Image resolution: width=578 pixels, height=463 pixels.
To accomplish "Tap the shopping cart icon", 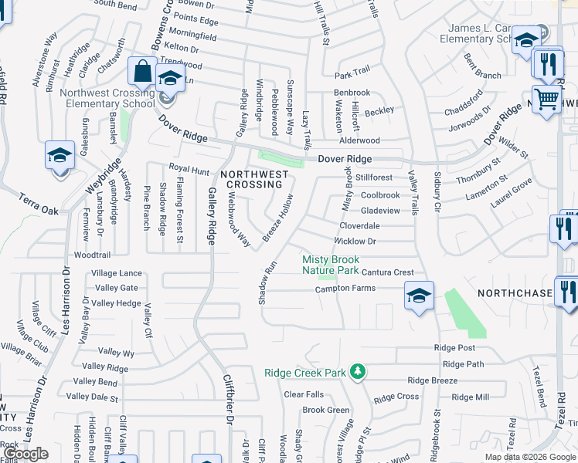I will tap(546, 99).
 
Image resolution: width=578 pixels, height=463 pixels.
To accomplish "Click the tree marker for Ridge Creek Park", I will tap(357, 373).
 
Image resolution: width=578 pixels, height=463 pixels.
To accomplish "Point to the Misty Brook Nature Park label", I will tap(330, 265).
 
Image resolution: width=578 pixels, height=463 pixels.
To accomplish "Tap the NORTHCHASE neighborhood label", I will tap(515, 294).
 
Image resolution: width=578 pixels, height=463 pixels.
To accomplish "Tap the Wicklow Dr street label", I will tap(355, 242).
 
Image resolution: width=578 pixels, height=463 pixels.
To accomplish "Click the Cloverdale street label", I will tap(360, 226).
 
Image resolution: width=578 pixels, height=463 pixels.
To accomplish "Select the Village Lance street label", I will tap(117, 273).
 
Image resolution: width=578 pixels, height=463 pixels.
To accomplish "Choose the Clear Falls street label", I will tap(304, 394).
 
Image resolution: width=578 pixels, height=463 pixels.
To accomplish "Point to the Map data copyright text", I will tap(531, 457).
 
